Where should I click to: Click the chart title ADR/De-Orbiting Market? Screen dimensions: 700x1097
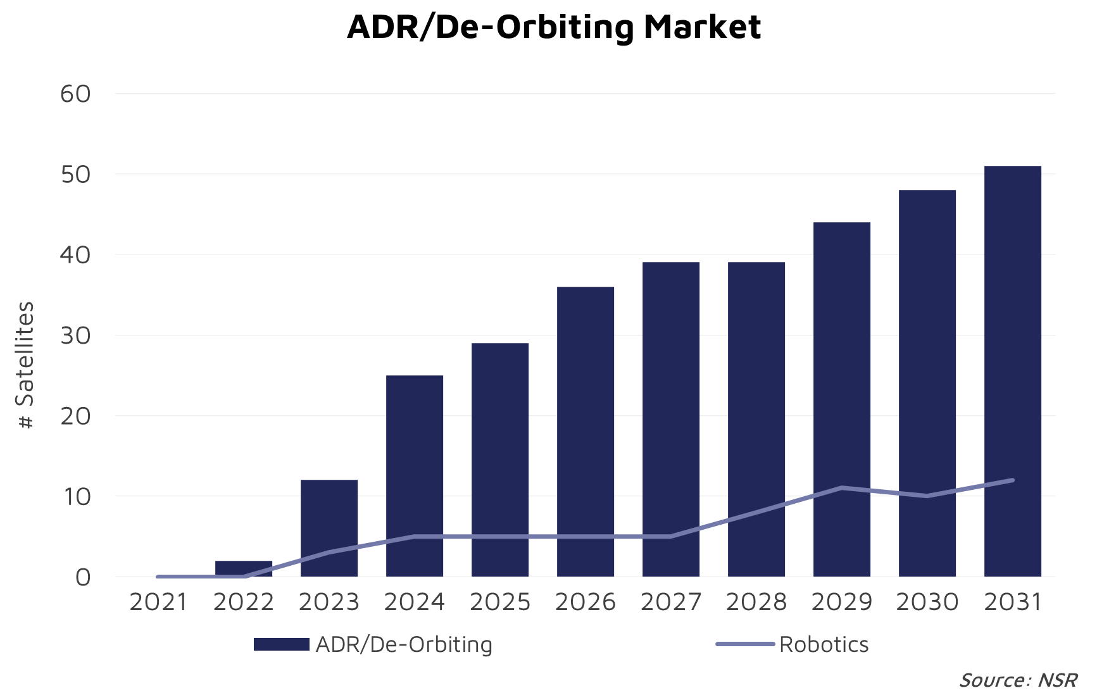[554, 27]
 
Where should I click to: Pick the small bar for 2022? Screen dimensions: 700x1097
[244, 567]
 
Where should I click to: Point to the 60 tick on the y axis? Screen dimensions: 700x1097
[76, 94]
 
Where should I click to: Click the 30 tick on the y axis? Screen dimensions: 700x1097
[76, 335]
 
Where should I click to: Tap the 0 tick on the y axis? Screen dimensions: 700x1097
[83, 577]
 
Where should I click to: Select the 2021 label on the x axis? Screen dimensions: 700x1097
[158, 602]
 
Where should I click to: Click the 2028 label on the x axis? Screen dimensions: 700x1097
[756, 602]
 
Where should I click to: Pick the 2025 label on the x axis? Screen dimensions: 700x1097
[500, 602]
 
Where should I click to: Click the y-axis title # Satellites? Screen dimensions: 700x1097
[25, 365]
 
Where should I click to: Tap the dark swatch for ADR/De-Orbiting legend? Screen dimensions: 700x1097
[281, 644]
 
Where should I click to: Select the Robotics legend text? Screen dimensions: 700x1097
[824, 644]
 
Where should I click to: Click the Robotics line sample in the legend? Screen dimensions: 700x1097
[745, 644]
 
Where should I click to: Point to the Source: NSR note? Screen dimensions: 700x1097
[1018, 680]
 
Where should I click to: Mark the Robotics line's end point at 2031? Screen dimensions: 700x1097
[1013, 480]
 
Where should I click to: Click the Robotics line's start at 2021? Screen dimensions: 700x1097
[158, 577]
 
